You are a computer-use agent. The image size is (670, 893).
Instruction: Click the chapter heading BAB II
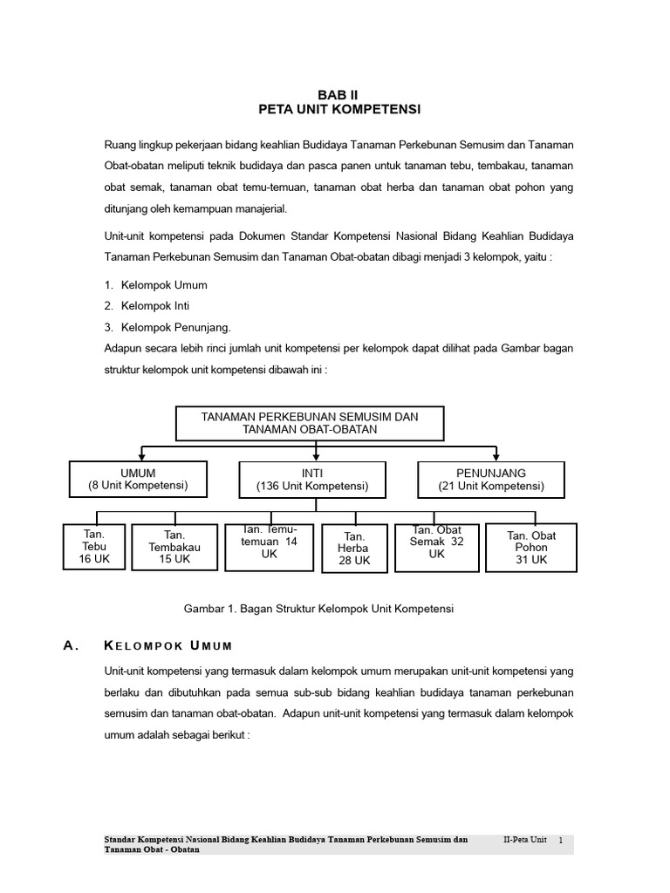point(340,93)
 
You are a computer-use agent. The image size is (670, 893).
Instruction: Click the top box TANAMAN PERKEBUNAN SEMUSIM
point(310,423)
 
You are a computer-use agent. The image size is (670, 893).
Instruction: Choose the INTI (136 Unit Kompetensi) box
point(311,479)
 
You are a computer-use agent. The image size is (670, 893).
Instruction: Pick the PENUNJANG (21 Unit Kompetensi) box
point(491,479)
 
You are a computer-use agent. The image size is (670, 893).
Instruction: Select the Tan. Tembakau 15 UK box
point(174,547)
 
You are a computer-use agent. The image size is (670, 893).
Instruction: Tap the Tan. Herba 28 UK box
point(354,549)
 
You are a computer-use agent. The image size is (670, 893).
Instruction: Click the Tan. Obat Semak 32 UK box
point(436,547)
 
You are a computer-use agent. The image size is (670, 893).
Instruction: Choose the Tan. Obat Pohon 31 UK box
point(530,547)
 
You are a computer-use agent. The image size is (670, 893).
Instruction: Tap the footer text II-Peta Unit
point(525,839)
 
